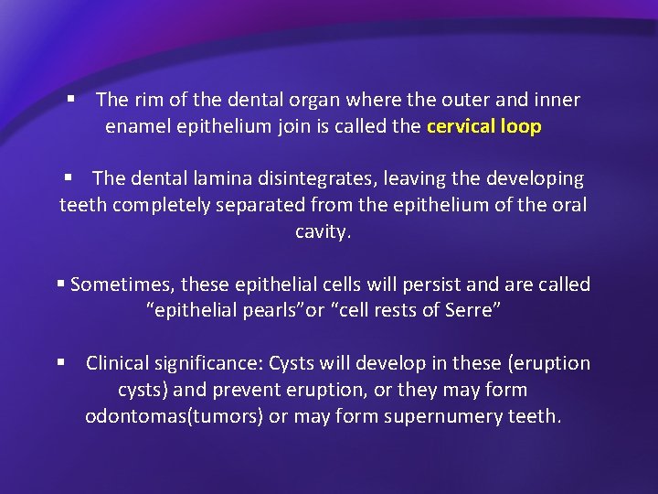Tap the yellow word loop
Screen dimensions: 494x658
click(521, 127)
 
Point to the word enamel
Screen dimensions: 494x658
click(134, 127)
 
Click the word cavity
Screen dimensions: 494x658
click(322, 232)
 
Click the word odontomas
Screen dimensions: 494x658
click(133, 417)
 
